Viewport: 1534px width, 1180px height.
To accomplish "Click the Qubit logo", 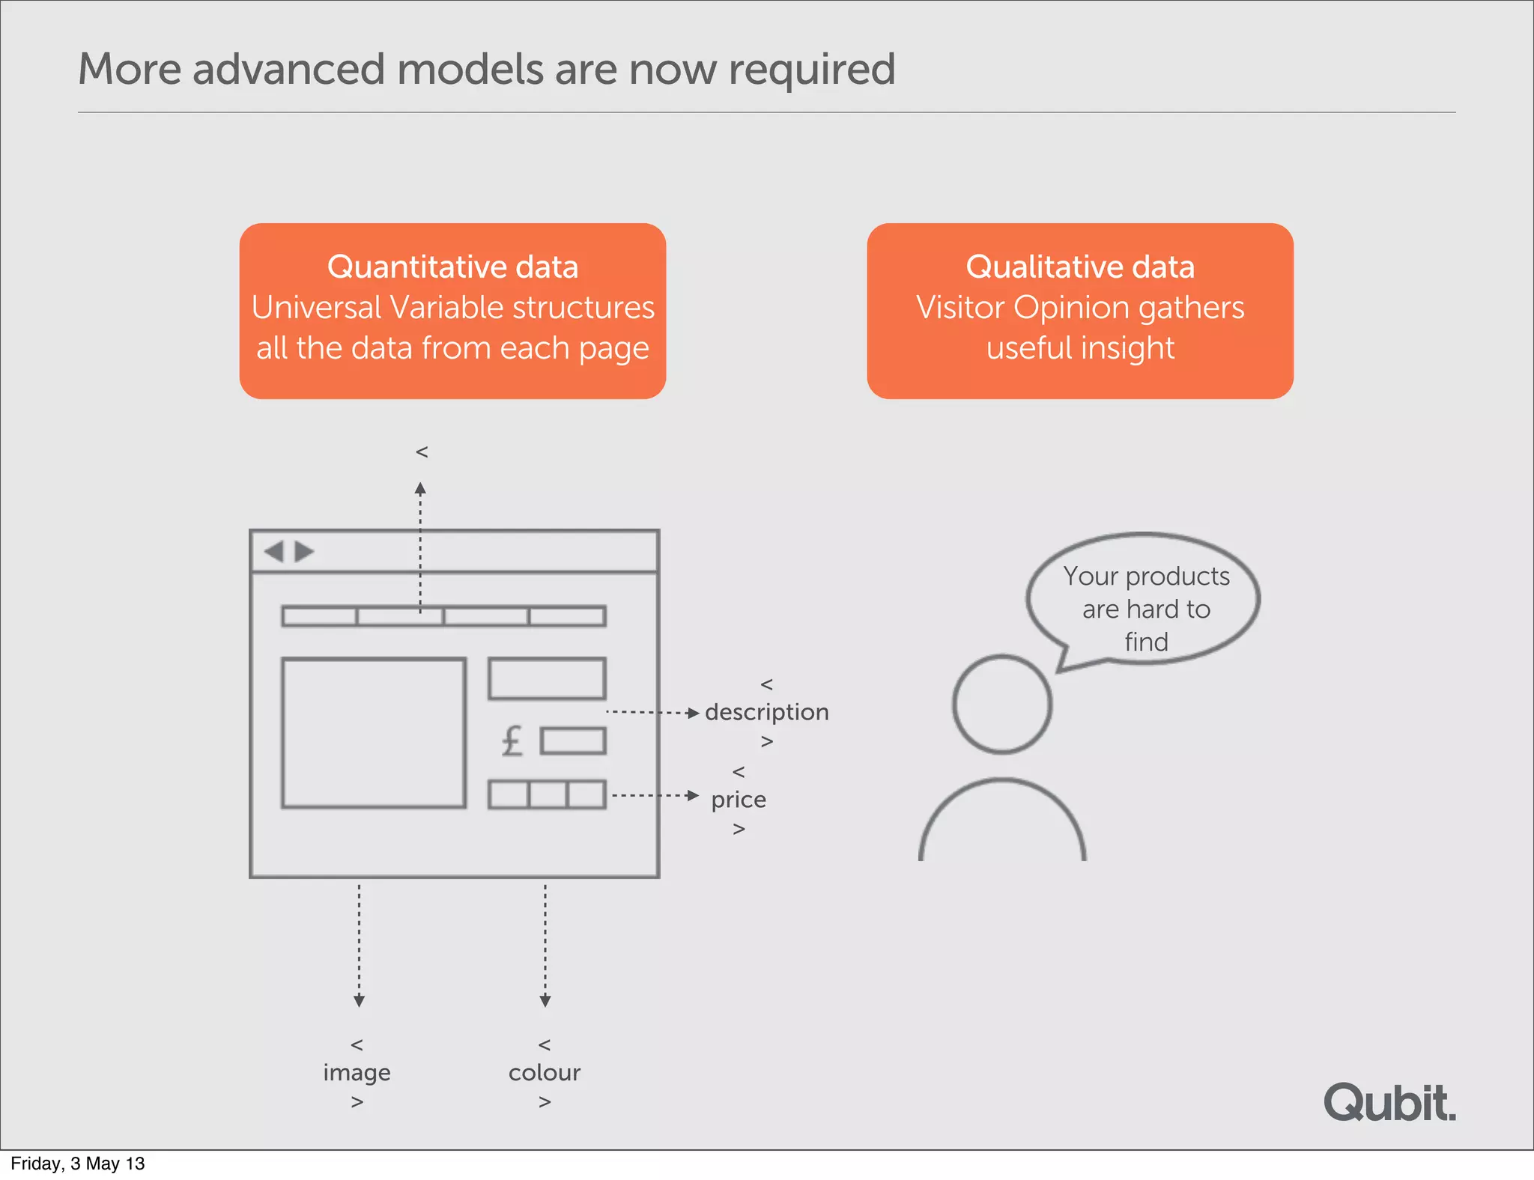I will point(1389,1103).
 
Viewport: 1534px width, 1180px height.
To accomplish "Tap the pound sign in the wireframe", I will point(512,741).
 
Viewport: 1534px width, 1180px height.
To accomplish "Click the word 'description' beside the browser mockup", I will point(766,712).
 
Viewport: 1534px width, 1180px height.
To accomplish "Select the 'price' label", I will point(739,800).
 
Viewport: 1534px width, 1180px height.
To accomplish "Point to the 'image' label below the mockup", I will point(357,1073).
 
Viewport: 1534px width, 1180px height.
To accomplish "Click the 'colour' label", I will point(545,1073).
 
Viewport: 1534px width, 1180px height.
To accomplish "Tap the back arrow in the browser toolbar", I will point(274,552).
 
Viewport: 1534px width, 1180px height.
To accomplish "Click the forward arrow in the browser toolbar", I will point(303,552).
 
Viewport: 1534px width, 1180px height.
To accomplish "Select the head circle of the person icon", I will point(1002,704).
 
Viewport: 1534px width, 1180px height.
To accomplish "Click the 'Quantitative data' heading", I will point(452,267).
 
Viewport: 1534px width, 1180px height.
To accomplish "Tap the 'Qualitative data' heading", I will point(1080,267).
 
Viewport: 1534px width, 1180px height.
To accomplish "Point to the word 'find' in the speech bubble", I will point(1146,642).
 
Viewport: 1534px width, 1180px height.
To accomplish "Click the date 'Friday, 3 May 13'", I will point(78,1164).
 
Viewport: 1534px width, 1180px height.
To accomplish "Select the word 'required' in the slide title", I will point(812,70).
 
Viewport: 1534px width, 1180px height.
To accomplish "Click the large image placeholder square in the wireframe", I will point(374,733).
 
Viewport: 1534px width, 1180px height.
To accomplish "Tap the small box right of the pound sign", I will point(573,741).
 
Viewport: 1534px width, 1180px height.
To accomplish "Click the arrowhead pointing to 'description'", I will point(693,713).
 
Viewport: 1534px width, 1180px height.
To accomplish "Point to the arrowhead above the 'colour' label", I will point(545,1001).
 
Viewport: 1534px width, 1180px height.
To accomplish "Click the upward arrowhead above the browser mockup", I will point(420,489).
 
